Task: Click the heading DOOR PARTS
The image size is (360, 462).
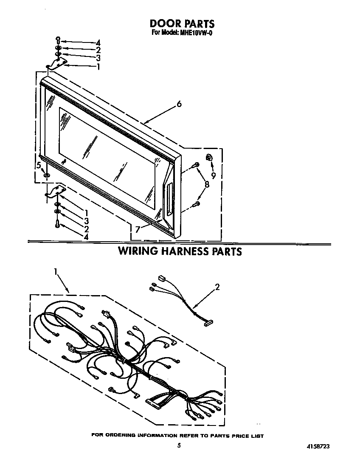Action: [182, 23]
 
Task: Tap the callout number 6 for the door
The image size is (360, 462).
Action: [179, 104]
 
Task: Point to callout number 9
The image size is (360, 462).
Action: [213, 175]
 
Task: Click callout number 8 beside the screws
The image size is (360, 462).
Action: [207, 185]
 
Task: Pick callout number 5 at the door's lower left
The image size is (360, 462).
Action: [39, 166]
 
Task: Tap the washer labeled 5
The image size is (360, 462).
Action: [47, 176]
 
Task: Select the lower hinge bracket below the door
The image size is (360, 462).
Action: [56, 191]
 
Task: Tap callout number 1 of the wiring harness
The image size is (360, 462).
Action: [55, 271]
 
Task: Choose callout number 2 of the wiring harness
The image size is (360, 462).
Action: [217, 287]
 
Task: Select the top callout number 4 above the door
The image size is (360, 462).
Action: [98, 43]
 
